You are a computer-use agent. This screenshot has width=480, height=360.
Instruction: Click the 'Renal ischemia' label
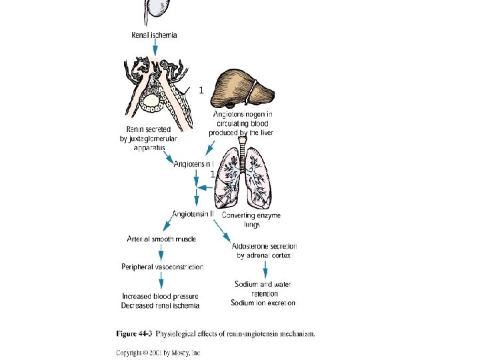154,35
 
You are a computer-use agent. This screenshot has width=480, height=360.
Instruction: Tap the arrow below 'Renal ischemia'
155,47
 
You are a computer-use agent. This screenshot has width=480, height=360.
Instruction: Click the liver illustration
243,89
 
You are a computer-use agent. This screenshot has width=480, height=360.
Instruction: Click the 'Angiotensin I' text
193,164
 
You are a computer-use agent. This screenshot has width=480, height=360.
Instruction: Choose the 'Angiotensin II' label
193,214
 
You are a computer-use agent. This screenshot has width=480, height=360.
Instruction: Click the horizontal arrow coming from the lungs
205,187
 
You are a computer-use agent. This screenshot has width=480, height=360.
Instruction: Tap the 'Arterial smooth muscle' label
161,239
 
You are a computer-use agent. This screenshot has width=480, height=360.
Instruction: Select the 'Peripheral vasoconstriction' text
162,267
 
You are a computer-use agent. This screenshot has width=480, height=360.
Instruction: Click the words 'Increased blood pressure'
160,296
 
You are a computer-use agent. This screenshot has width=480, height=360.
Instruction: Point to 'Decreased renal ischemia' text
160,305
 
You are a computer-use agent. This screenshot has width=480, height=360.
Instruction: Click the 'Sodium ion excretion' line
263,303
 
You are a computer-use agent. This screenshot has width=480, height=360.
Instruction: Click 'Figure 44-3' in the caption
134,334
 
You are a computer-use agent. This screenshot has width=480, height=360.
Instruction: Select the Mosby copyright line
158,353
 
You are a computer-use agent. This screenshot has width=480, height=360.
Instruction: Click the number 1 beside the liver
201,90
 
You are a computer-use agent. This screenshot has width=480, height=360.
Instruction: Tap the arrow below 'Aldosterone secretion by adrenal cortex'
265,269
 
